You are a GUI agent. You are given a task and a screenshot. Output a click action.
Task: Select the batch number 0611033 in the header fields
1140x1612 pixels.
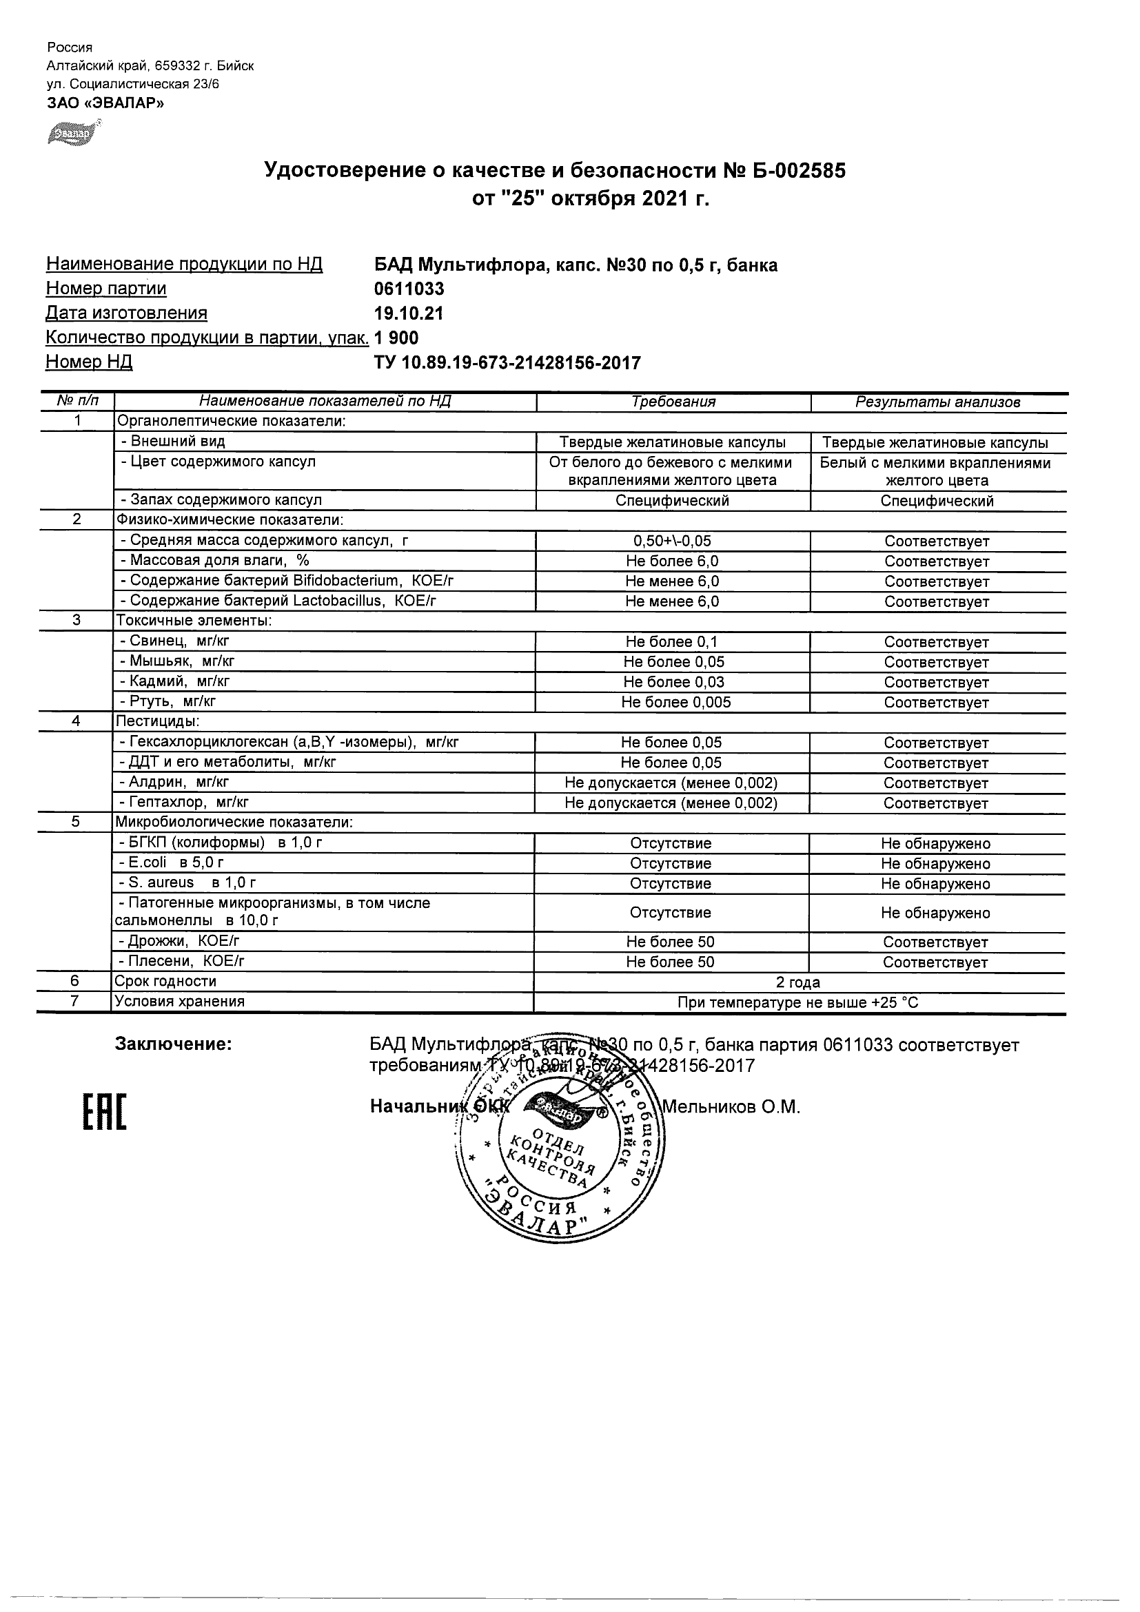tap(409, 289)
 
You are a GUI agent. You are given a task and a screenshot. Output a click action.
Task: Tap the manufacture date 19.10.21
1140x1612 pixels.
tap(409, 313)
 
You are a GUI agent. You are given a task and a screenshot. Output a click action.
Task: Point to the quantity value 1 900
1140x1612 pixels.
tap(397, 338)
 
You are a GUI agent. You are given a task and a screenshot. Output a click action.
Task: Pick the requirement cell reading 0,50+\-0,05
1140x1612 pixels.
tap(672, 541)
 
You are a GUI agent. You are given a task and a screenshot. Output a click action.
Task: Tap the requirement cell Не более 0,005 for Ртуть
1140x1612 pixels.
tap(675, 702)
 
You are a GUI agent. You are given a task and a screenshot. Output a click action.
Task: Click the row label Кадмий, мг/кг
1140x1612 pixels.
tap(176, 681)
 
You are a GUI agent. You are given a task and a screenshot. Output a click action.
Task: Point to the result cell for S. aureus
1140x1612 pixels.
tap(935, 884)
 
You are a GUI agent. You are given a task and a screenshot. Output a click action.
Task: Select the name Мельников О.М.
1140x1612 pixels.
tap(731, 1107)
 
